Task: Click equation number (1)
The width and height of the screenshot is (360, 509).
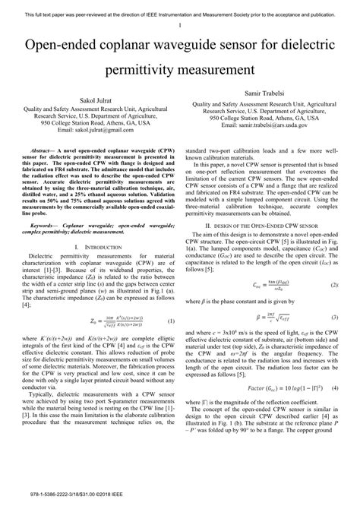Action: coord(172,299)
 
